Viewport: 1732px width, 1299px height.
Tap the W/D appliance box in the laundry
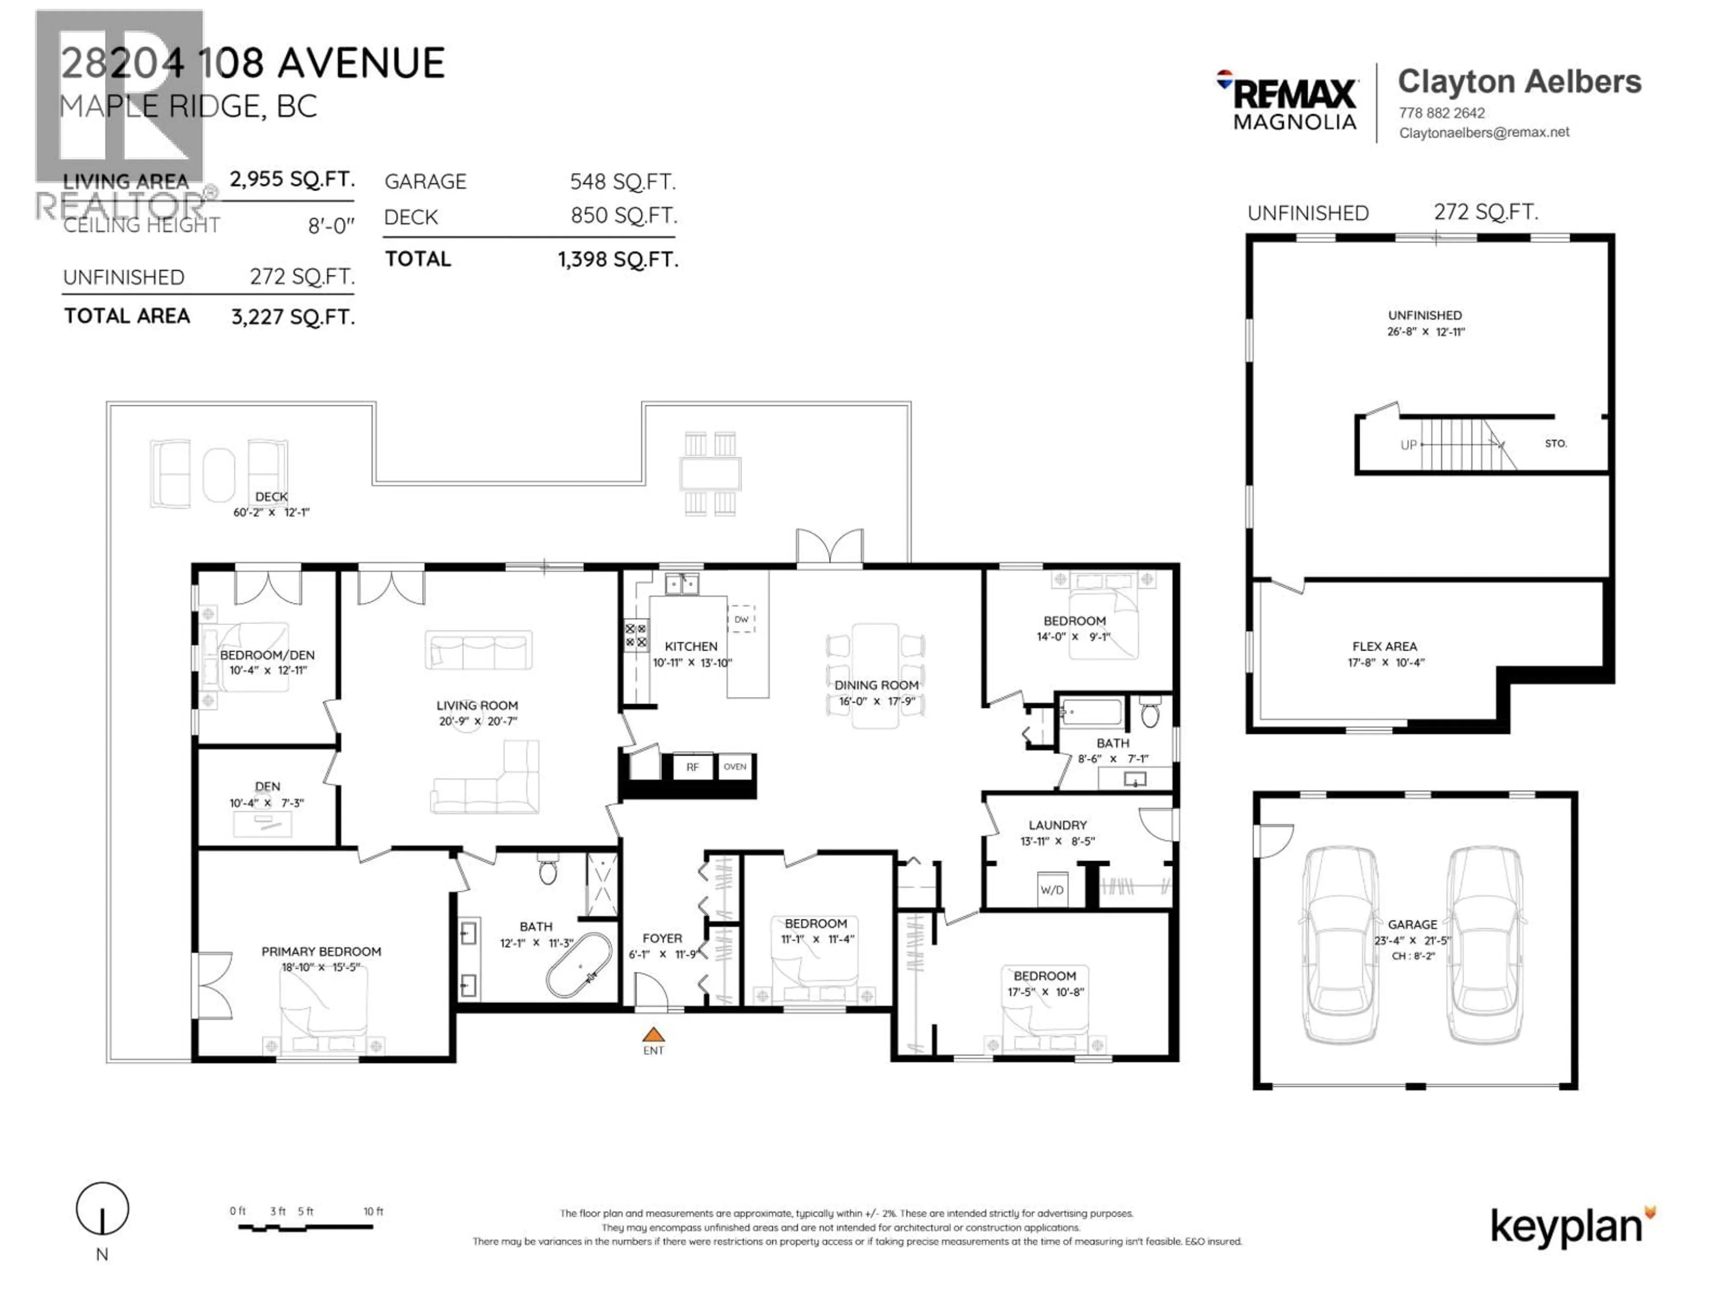pos(1051,889)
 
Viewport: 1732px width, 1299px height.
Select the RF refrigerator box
pos(692,767)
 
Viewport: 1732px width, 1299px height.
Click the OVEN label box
pos(734,767)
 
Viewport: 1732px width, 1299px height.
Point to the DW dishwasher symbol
pos(741,619)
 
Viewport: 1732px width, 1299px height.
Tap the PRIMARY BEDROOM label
pos(321,951)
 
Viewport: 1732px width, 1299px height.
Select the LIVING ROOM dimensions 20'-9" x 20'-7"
pos(478,721)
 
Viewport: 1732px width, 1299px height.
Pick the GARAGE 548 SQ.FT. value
pos(622,182)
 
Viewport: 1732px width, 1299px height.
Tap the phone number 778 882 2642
pos(1442,113)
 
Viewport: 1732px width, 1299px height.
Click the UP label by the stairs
pos(1408,445)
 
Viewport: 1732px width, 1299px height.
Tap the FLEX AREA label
pos(1384,646)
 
